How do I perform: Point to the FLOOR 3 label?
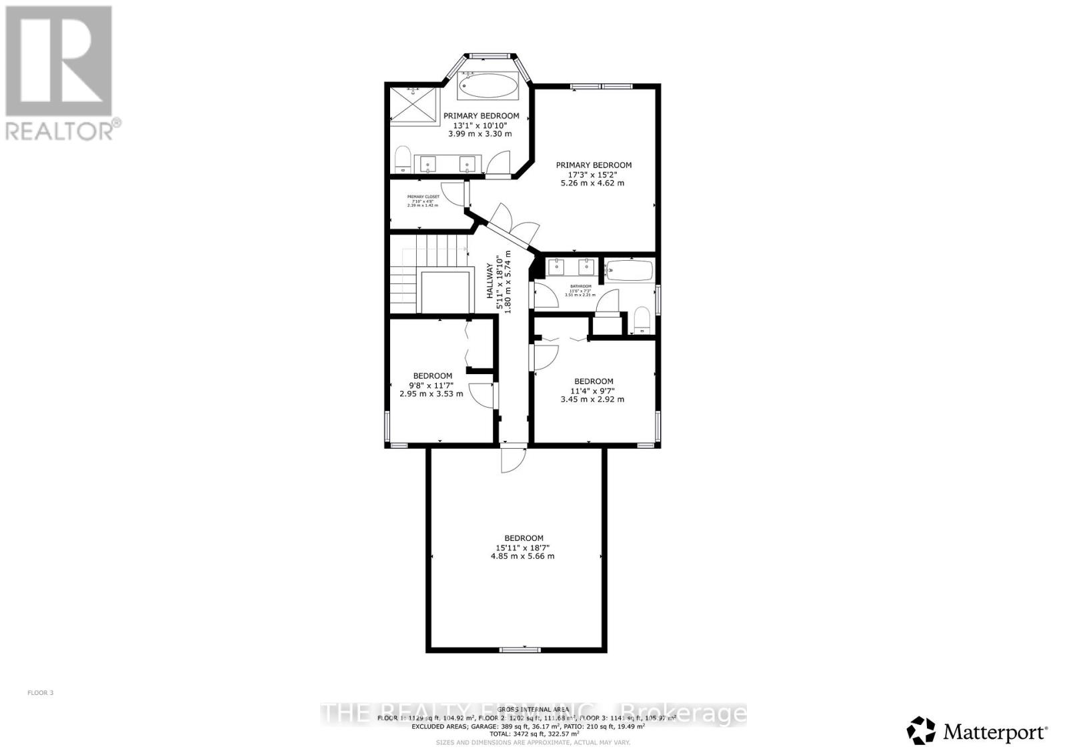40,693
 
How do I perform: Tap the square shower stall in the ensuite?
414,105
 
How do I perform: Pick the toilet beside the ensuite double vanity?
402,160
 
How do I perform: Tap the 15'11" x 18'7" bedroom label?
523,547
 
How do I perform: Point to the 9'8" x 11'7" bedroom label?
431,385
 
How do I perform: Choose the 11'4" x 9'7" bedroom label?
593,390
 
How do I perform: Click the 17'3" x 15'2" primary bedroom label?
594,173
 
